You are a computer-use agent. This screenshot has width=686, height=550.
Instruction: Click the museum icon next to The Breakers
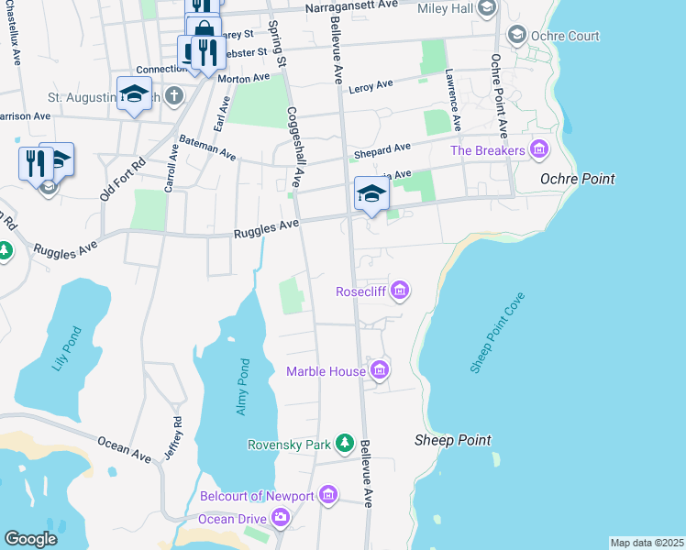[x=538, y=149]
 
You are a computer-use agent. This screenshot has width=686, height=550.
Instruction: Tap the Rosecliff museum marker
[x=399, y=291]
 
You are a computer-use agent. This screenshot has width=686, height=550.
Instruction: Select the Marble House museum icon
[x=380, y=370]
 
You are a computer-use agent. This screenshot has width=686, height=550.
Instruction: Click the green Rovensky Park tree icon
[x=344, y=444]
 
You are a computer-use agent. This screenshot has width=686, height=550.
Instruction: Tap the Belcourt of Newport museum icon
[x=328, y=496]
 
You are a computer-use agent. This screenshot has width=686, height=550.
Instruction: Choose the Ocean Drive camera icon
[x=281, y=519]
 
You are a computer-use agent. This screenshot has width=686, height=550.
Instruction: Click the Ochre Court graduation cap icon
[x=516, y=36]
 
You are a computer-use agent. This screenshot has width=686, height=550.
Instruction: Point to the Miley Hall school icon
[x=486, y=8]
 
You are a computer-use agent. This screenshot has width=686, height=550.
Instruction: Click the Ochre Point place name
[x=578, y=178]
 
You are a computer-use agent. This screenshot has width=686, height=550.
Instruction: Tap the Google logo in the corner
[x=30, y=538]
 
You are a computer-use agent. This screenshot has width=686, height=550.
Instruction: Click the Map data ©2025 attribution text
[x=647, y=543]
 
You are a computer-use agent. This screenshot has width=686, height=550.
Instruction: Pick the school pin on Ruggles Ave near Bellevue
[x=371, y=194]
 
